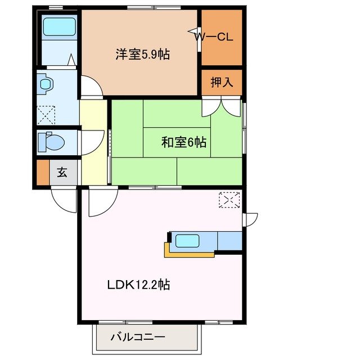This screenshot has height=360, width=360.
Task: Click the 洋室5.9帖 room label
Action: click(143, 55)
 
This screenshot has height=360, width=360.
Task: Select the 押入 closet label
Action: click(222, 83)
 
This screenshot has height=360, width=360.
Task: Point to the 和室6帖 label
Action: click(183, 142)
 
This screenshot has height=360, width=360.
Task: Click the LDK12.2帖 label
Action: click(138, 285)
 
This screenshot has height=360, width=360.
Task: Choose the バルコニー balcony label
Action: click(137, 338)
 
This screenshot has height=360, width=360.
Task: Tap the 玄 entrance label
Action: click(62, 173)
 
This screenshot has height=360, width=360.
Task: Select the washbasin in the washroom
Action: click(45, 85)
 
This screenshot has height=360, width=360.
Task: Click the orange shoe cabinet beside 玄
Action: click(43, 173)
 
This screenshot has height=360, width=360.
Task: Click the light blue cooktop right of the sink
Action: click(229, 240)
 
